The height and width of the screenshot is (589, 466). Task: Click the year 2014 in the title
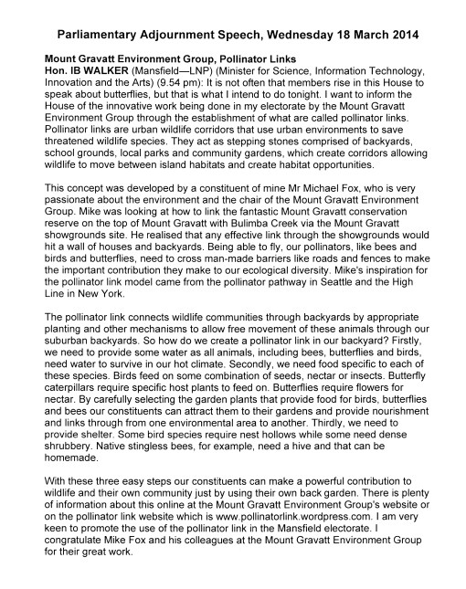(x=402, y=36)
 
